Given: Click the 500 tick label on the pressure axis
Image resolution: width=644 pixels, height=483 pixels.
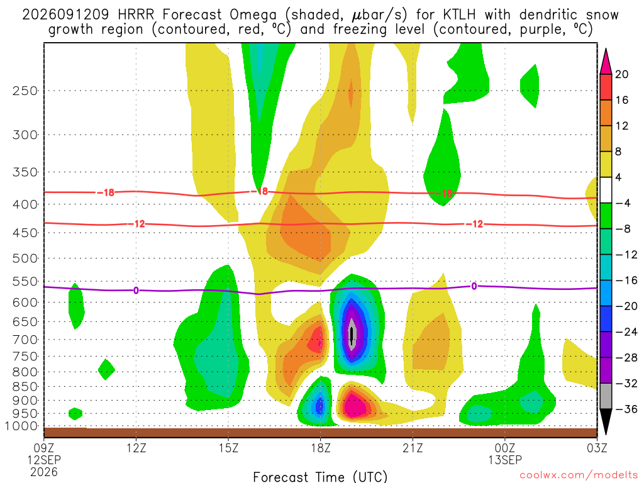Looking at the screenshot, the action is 25,258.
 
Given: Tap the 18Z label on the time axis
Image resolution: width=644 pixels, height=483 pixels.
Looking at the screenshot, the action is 320,448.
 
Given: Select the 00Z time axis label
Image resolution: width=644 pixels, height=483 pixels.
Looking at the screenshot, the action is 505,448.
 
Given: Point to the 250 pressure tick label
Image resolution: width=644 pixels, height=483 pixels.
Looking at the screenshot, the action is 25,91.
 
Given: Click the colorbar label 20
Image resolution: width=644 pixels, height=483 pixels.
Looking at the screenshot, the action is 621,74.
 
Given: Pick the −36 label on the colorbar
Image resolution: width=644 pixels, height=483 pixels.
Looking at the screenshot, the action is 626,409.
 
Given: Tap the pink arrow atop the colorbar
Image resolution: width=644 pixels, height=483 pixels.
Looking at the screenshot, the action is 606,62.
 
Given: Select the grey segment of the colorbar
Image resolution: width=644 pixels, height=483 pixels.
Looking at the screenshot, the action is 606,396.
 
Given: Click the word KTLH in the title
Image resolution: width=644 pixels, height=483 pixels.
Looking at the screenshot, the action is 459,15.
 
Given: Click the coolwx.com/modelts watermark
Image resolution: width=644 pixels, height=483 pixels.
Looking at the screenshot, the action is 578,475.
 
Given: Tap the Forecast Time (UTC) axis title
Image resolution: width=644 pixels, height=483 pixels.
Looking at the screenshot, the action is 320,477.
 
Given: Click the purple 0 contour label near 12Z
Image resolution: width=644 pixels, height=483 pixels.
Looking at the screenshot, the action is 136,291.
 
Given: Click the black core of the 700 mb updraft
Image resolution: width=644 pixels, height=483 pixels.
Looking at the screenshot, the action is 351,335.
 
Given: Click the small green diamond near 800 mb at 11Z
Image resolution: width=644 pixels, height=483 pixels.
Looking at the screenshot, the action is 106,369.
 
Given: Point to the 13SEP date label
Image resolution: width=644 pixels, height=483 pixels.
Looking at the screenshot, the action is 505,460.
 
